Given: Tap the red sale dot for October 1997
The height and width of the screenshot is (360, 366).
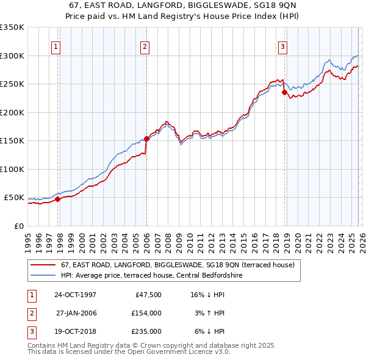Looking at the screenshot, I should (58, 199).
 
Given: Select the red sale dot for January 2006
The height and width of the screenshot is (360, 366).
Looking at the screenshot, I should (146, 139).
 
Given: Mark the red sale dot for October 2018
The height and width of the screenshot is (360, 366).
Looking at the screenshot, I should (284, 93).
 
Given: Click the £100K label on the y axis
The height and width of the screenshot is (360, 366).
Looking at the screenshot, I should (12, 169).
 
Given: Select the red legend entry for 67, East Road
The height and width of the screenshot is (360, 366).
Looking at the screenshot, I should (178, 265).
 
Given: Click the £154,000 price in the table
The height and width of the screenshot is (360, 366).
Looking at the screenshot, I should (146, 313).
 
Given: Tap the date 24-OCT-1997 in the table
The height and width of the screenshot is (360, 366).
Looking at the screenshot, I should (75, 295).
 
